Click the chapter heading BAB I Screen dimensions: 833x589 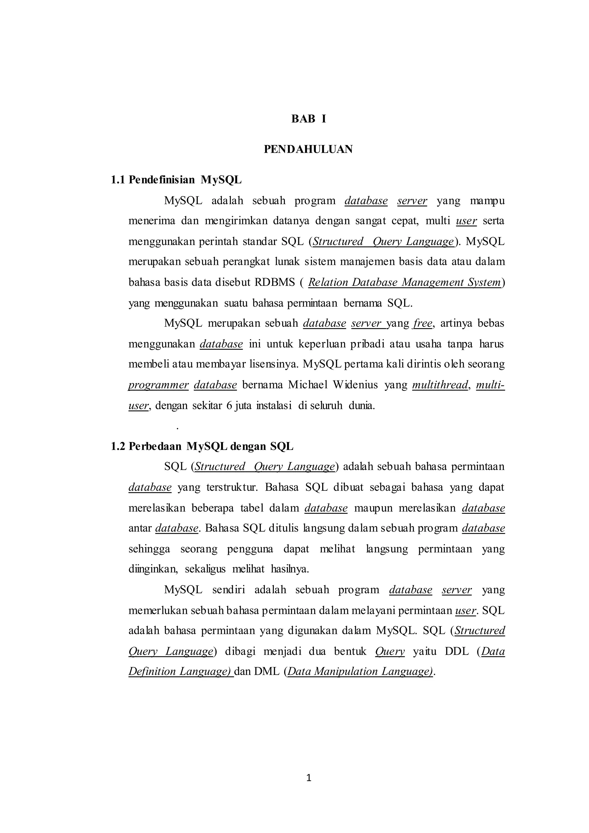pyautogui.click(x=309, y=119)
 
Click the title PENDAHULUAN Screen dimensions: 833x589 pyautogui.click(x=308, y=150)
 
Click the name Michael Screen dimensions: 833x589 pyautogui.click(x=307, y=385)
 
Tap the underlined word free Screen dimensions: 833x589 pyautogui.click(x=422, y=323)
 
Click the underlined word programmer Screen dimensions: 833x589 pyautogui.click(x=158, y=385)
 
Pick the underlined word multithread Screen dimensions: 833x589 pyautogui.click(x=440, y=385)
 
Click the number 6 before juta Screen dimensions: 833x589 pyautogui.click(x=229, y=406)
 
